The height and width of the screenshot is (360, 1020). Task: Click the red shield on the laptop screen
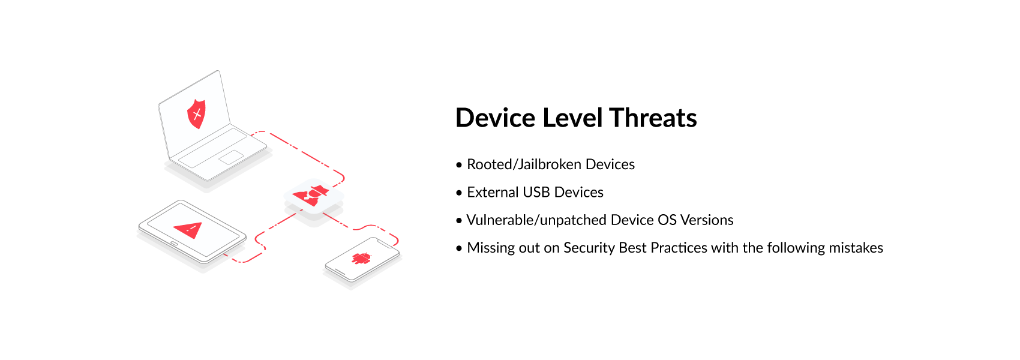[196, 114]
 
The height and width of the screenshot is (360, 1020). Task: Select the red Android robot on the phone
[362, 259]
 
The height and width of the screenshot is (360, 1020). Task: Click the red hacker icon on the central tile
[311, 196]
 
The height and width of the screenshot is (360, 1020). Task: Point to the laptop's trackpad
[232, 157]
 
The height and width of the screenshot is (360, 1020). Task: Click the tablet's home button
[174, 244]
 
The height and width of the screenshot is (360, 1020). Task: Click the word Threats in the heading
[653, 118]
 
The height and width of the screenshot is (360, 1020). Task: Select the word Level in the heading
[572, 118]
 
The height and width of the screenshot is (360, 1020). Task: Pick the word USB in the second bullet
[536, 192]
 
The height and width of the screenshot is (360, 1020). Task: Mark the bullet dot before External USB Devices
[458, 193]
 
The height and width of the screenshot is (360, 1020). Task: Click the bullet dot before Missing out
[458, 248]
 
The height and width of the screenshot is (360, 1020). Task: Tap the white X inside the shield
[197, 114]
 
